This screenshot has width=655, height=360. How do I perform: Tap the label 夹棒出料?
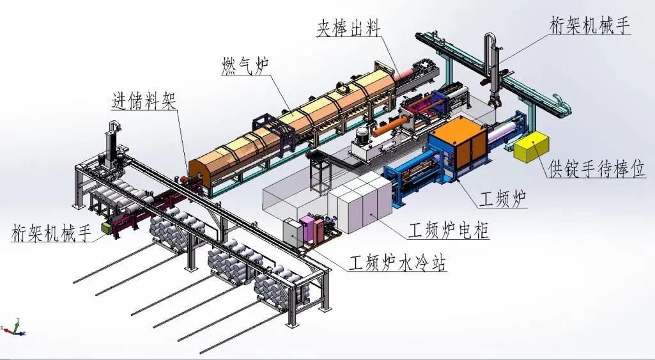pyautogui.click(x=348, y=29)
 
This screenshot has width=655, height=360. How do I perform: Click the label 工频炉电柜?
pyautogui.click(x=449, y=230)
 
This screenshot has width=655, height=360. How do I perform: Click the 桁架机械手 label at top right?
pyautogui.click(x=590, y=26)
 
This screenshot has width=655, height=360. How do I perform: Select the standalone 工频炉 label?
pyautogui.click(x=504, y=201)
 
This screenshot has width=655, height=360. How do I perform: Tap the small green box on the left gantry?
pyautogui.click(x=106, y=227)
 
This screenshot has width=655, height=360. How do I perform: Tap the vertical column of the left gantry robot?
pyautogui.click(x=111, y=144)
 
